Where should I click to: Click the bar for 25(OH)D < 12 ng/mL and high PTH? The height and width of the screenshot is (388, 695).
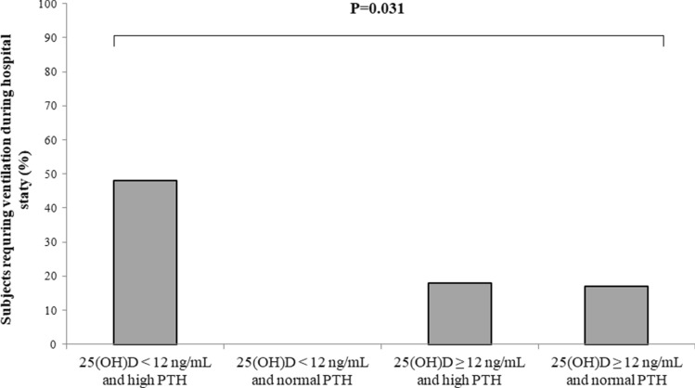146,262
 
